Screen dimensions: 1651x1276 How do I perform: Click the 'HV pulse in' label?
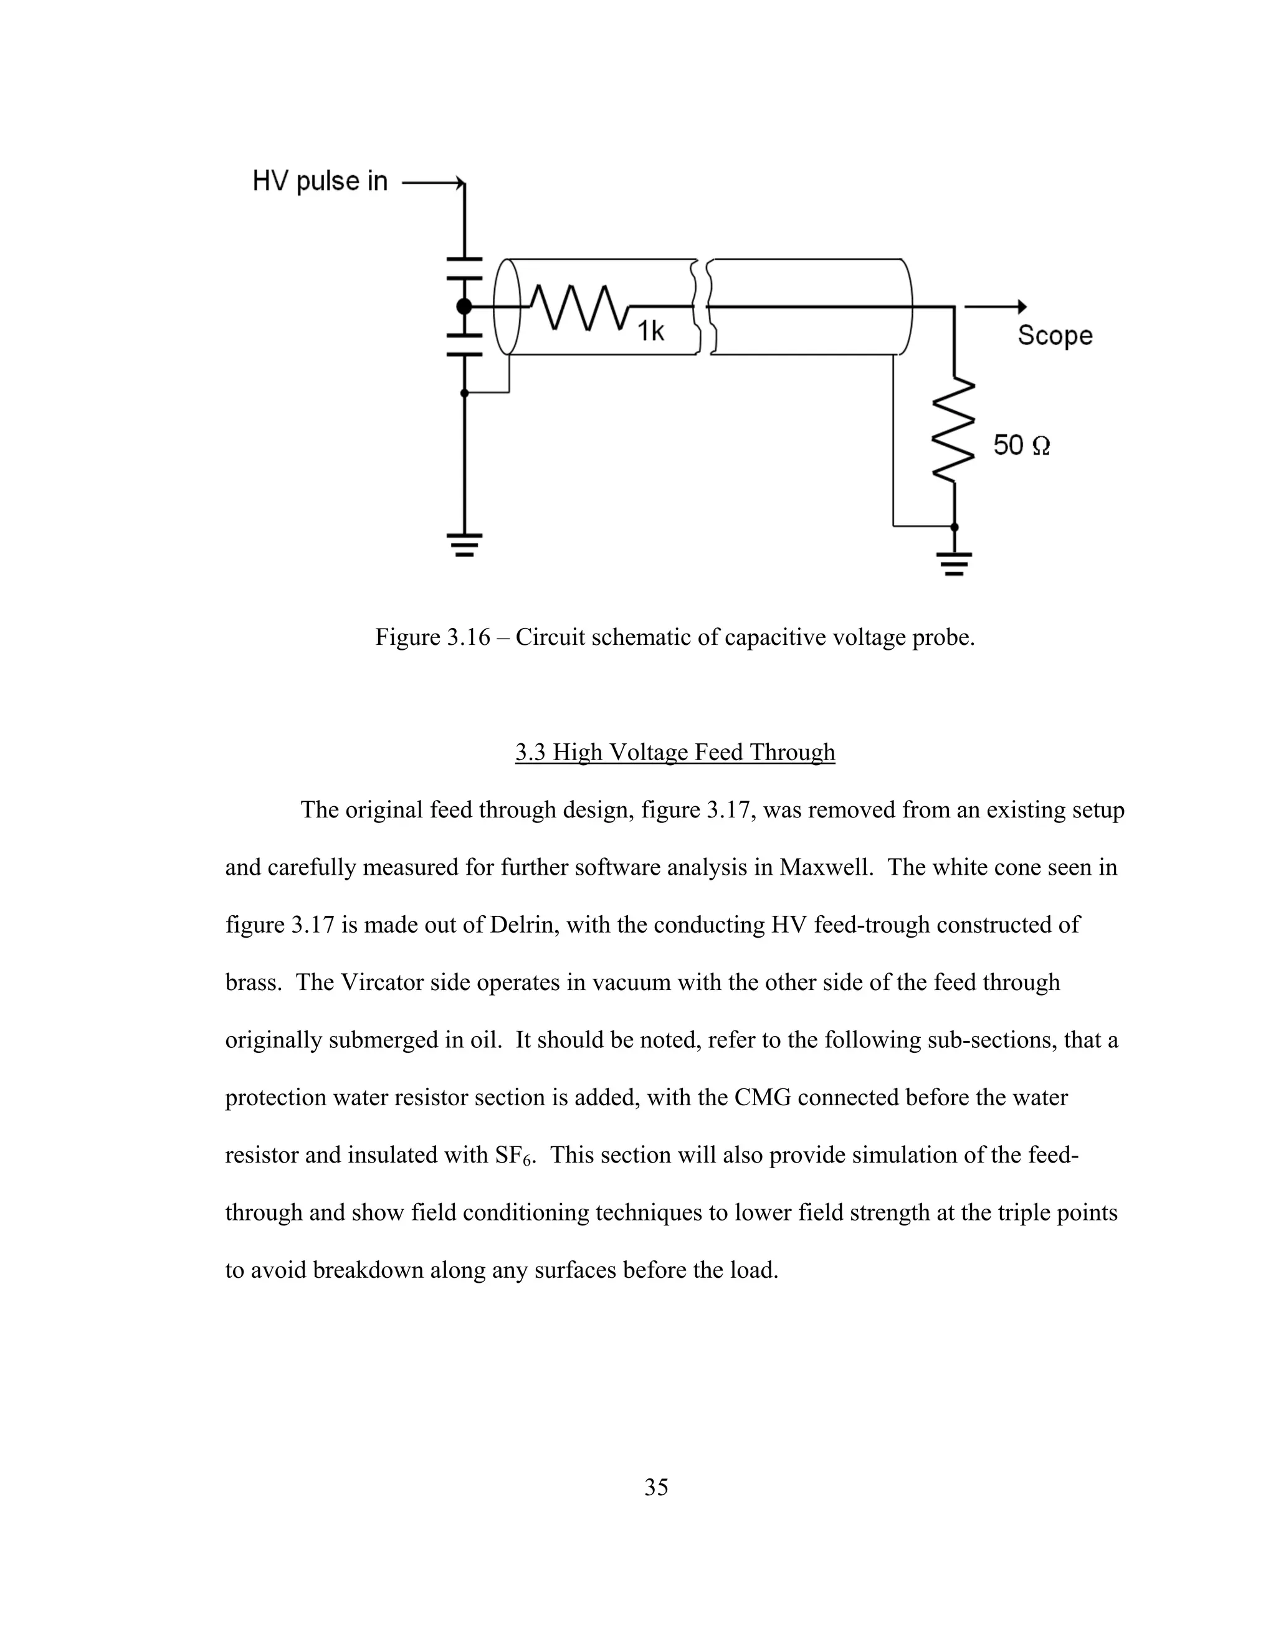coord(320,181)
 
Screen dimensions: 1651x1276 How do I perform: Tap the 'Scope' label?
coord(1055,335)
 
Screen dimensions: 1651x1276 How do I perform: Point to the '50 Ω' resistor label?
coord(1021,445)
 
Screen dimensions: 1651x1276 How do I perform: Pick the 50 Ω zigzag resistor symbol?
coord(954,429)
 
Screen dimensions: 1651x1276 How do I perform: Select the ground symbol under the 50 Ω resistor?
coord(954,564)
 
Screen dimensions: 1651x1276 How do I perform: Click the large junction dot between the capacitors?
coord(464,306)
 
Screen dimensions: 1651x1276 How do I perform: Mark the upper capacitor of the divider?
coord(464,269)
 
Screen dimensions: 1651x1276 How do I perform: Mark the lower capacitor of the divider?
coord(464,344)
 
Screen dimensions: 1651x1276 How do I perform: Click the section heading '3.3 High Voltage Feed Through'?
coord(675,752)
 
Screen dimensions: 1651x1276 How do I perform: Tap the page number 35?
coord(656,1487)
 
